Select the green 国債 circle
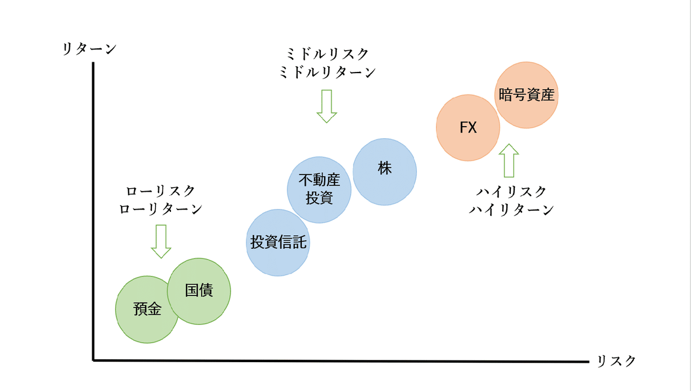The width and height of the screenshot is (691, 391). click(x=199, y=291)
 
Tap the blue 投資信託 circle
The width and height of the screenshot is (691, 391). click(x=278, y=242)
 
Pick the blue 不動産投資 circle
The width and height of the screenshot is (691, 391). click(x=319, y=189)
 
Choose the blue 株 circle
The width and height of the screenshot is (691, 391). click(x=385, y=170)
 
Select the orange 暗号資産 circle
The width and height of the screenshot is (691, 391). click(x=526, y=96)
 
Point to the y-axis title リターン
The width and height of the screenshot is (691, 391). click(x=89, y=48)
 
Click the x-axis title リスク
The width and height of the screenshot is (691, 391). click(x=617, y=361)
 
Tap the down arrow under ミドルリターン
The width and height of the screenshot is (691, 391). click(x=326, y=106)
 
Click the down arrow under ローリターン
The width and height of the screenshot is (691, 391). click(x=161, y=241)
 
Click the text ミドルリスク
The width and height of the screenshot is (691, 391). click(x=326, y=54)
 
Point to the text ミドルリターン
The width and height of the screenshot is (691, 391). click(x=326, y=72)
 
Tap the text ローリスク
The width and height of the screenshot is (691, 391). click(x=161, y=191)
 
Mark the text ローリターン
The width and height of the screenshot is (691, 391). click(x=161, y=209)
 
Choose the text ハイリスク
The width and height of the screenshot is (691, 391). click(x=511, y=192)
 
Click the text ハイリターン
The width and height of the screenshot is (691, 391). click(x=511, y=210)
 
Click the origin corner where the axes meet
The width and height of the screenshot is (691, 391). click(x=93, y=360)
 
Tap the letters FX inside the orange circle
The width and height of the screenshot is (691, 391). click(x=468, y=128)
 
